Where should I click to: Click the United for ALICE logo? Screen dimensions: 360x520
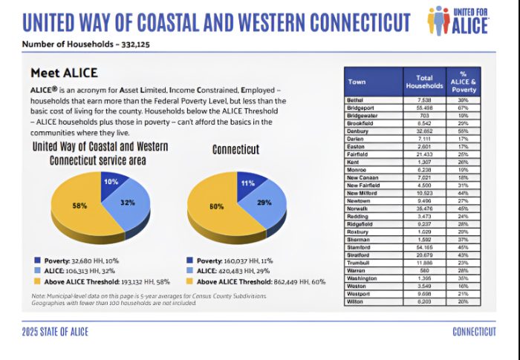point(458,20)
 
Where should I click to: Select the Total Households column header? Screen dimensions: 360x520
point(424,82)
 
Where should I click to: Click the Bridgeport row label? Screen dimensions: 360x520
point(360,107)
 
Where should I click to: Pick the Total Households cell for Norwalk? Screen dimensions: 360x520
point(424,230)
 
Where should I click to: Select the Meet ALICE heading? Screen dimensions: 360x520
point(64,73)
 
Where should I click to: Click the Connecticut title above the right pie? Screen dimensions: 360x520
point(235,149)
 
